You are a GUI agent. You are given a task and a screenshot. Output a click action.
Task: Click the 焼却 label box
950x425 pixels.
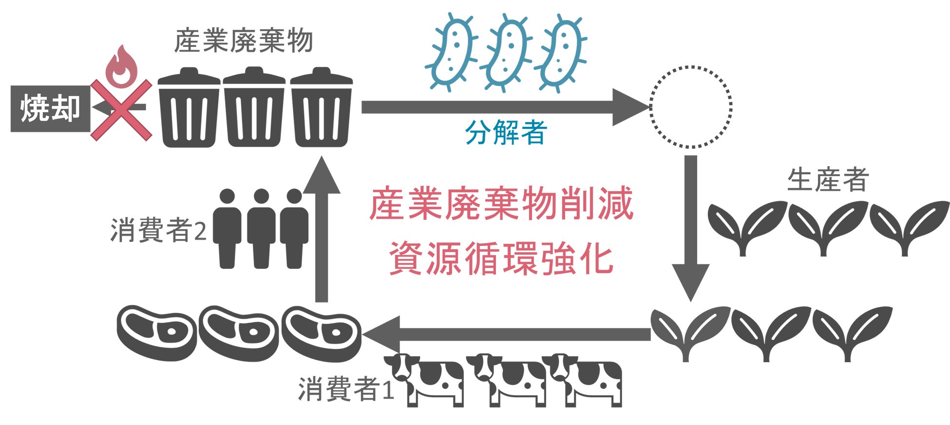pyautogui.click(x=50, y=108)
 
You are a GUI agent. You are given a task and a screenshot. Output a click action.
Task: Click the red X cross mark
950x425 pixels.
pyautogui.click(x=121, y=110)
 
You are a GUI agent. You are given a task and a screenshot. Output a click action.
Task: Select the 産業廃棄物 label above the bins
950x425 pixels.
pyautogui.click(x=243, y=41)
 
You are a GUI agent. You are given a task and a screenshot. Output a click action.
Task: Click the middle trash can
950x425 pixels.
pyautogui.click(x=254, y=108)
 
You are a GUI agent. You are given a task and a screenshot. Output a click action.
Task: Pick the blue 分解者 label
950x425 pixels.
pyautogui.click(x=506, y=132)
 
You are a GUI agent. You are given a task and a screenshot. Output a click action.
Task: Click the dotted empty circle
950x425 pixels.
pyautogui.click(x=690, y=106)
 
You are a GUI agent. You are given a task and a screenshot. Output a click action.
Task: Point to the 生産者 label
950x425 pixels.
pyautogui.click(x=828, y=179)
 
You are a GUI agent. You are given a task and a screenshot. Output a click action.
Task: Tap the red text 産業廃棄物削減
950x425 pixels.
pyautogui.click(x=501, y=204)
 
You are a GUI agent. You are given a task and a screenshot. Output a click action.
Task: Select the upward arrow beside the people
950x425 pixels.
pyautogui.click(x=322, y=229)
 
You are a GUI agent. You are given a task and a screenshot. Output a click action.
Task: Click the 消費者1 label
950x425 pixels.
pyautogui.click(x=345, y=389)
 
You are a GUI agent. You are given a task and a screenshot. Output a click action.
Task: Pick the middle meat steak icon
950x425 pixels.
pyautogui.click(x=239, y=332)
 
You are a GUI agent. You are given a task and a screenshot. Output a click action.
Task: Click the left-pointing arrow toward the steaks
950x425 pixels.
pyautogui.click(x=507, y=334)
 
